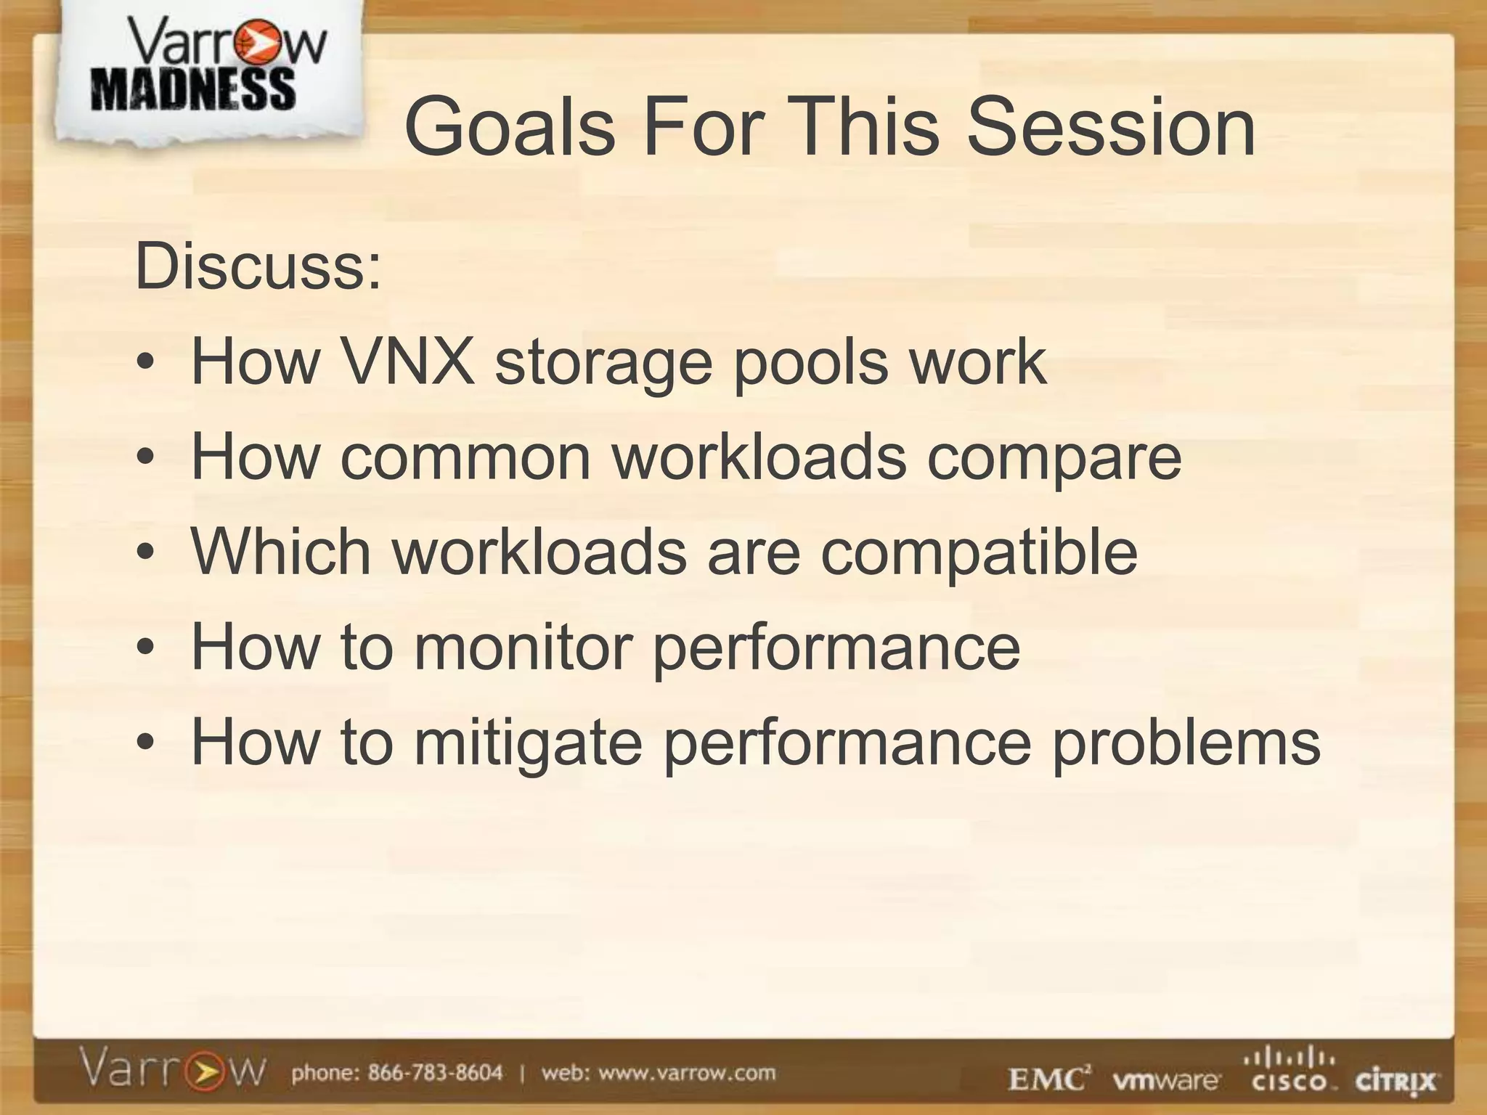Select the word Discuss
(258, 266)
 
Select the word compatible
(979, 553)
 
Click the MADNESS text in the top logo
(193, 90)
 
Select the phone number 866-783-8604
(435, 1072)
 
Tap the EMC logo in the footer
(1049, 1080)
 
